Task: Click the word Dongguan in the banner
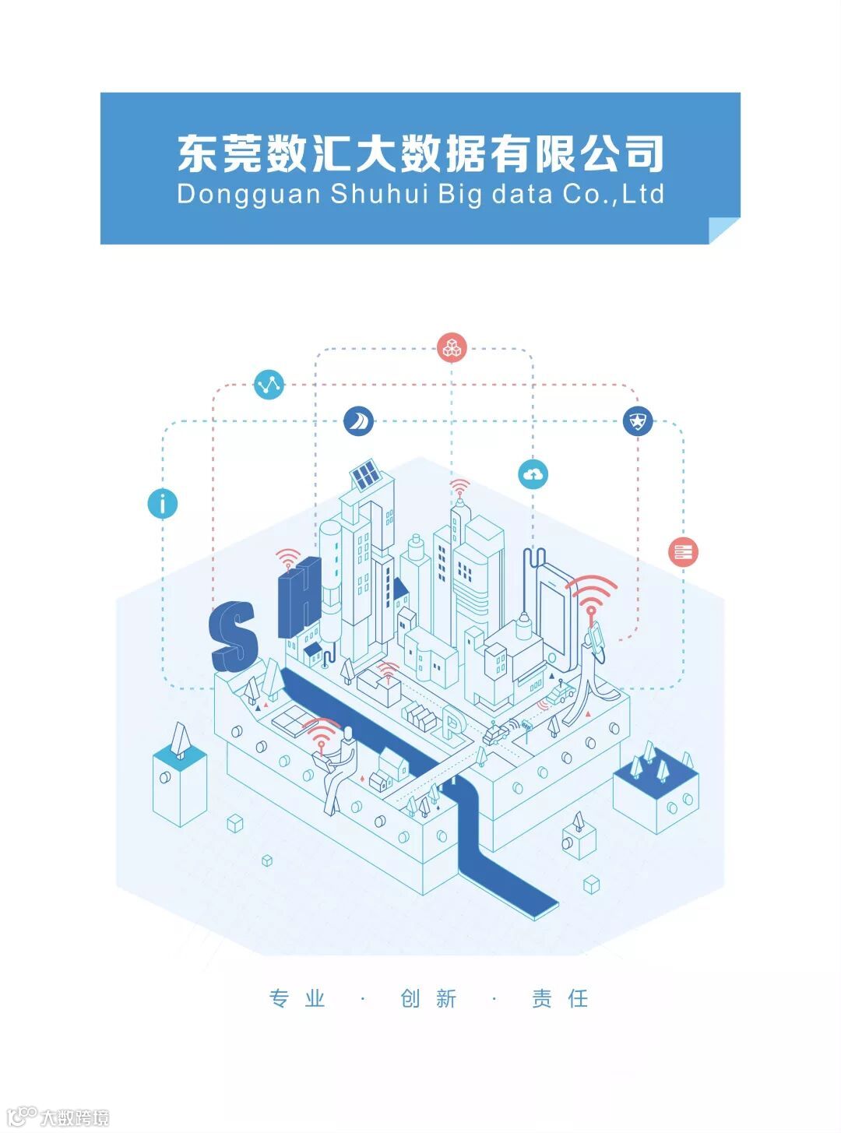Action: (x=248, y=194)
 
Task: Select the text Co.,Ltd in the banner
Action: (x=614, y=194)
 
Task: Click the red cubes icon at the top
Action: (x=452, y=347)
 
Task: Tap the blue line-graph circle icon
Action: (x=269, y=385)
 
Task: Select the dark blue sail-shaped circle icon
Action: (x=358, y=421)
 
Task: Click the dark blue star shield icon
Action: (x=638, y=421)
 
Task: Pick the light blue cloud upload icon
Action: (x=533, y=473)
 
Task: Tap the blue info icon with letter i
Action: (x=163, y=503)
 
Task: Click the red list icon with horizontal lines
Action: (x=684, y=552)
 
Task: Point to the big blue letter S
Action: (x=234, y=635)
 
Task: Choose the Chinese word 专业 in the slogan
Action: (x=297, y=998)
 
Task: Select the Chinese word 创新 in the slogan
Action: (x=428, y=998)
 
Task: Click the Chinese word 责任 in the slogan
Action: (x=560, y=998)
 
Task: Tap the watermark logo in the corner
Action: (x=58, y=1117)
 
